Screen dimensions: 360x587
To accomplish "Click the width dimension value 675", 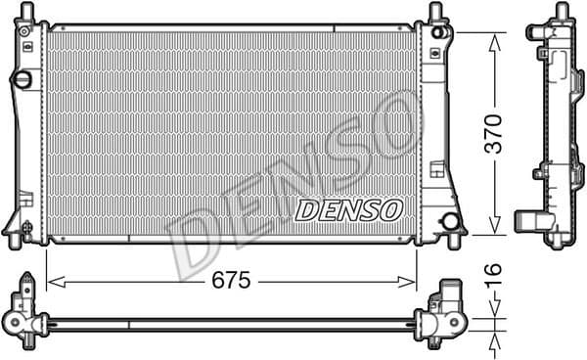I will [x=232, y=281].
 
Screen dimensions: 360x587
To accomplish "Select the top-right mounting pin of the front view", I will [x=433, y=14].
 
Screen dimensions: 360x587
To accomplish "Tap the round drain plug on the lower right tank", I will [x=451, y=221].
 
